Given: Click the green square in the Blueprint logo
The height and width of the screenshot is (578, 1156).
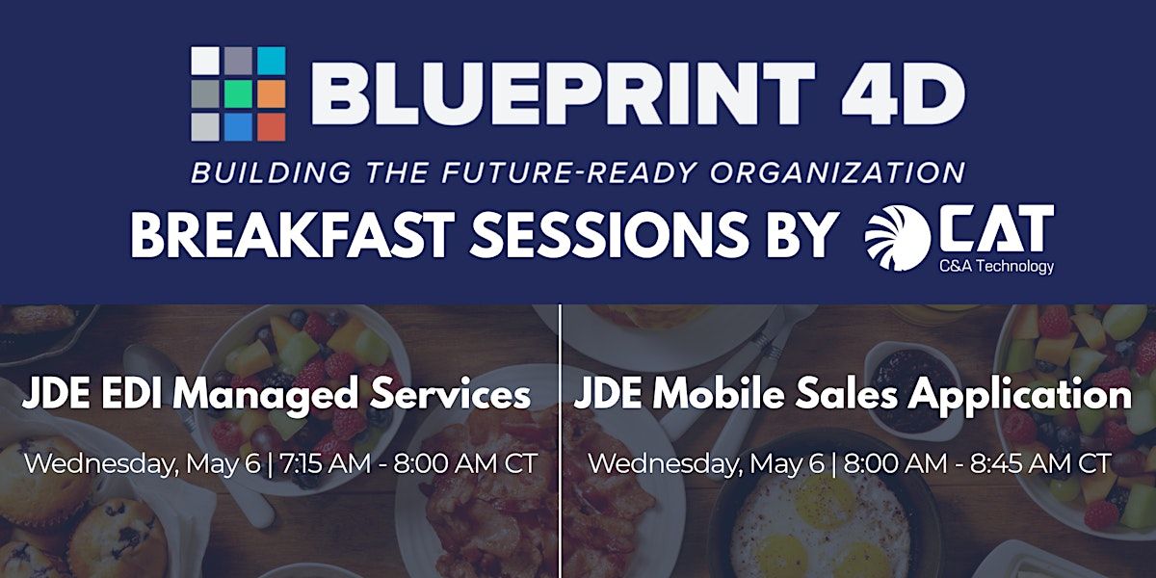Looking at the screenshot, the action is (239, 94).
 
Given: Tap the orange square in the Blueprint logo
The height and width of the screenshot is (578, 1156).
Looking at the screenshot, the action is (272, 94).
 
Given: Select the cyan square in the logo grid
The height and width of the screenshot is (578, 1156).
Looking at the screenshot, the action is (272, 61).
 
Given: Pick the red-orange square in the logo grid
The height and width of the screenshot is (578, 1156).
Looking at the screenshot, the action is (272, 127).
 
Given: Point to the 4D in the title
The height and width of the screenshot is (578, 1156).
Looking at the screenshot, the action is (904, 94).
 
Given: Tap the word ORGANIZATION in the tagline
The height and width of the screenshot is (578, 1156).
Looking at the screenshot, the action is (837, 172).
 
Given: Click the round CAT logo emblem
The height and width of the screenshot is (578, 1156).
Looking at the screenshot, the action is (898, 238).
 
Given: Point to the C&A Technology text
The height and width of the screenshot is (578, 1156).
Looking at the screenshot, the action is (996, 266).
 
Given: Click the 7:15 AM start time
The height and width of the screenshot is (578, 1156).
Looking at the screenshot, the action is (325, 463).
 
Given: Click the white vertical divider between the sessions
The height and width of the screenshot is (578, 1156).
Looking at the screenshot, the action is (561, 441).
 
